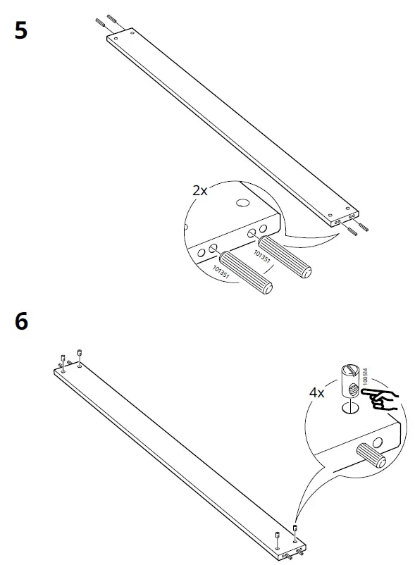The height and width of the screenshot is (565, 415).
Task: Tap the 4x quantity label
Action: point(316,392)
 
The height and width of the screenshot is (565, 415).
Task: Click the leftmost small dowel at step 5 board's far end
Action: point(99,24)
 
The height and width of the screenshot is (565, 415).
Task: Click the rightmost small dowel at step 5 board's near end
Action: point(364,228)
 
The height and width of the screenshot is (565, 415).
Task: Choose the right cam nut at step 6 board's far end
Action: point(80,353)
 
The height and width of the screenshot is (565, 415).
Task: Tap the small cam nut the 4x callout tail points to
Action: point(295,529)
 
